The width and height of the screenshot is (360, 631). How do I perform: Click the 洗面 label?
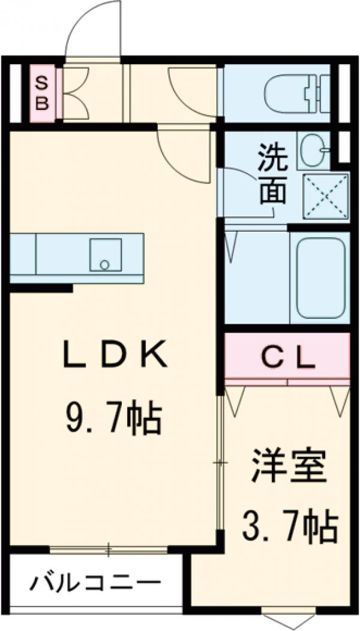click(273, 174)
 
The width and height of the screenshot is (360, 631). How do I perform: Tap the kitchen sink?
click(106, 255)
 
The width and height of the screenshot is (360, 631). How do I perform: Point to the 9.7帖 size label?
click(113, 420)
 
